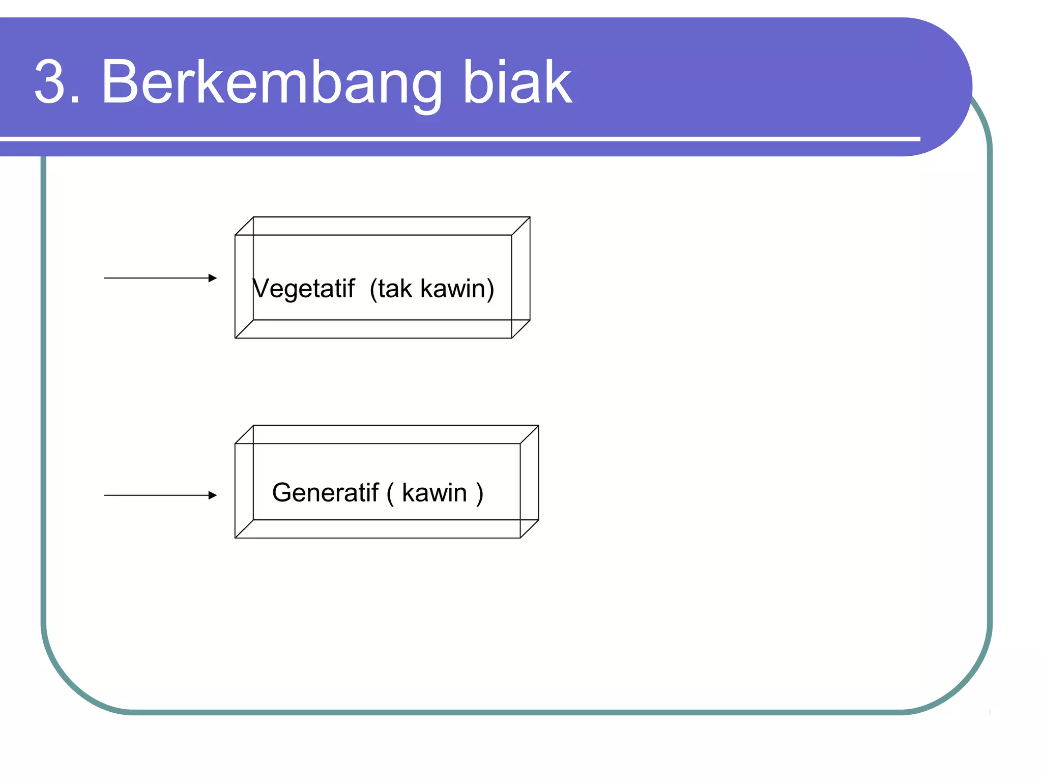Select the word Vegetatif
pos(304,289)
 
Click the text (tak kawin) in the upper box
pos(432,289)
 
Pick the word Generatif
pos(326,493)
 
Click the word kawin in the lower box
pos(434,493)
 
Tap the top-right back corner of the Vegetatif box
pos(530,217)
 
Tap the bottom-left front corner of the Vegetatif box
pos(235,338)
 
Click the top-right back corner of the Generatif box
pos(538,426)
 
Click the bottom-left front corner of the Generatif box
pos(235,538)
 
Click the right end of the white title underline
pos(919,138)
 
